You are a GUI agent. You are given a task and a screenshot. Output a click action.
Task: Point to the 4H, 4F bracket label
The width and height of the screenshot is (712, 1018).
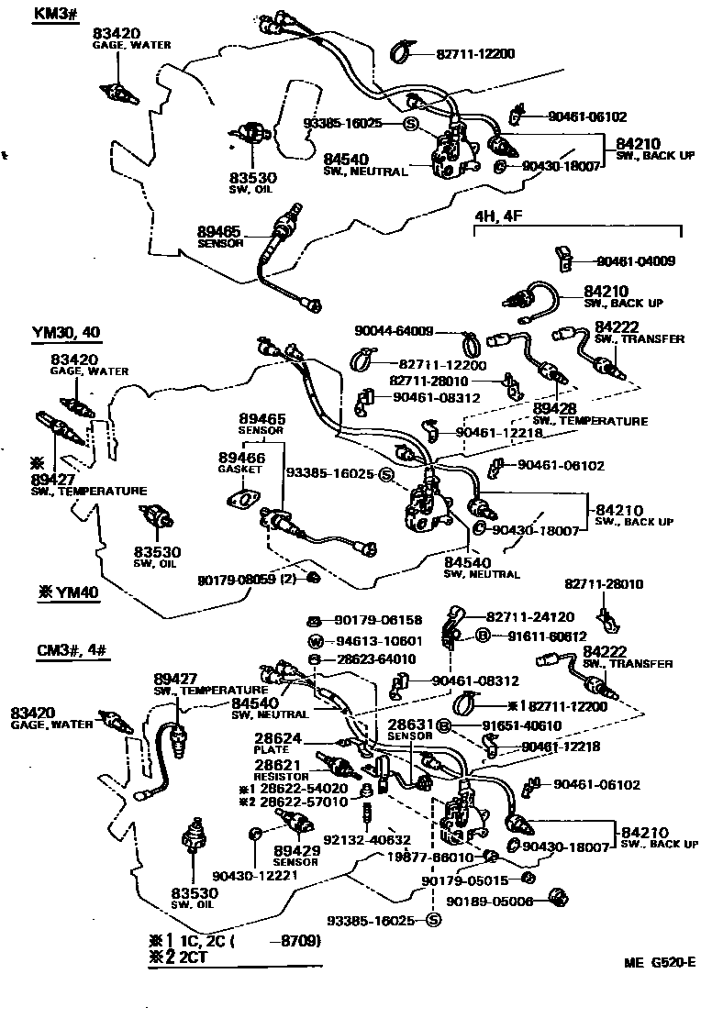point(495,216)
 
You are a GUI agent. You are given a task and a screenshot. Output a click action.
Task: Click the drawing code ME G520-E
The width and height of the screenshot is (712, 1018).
point(658,962)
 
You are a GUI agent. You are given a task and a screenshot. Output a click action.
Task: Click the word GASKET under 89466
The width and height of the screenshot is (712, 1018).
point(240,469)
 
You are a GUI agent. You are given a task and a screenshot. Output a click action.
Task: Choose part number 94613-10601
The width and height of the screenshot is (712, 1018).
point(376,640)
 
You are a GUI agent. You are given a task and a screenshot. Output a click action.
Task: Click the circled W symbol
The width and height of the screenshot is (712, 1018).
point(316,640)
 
